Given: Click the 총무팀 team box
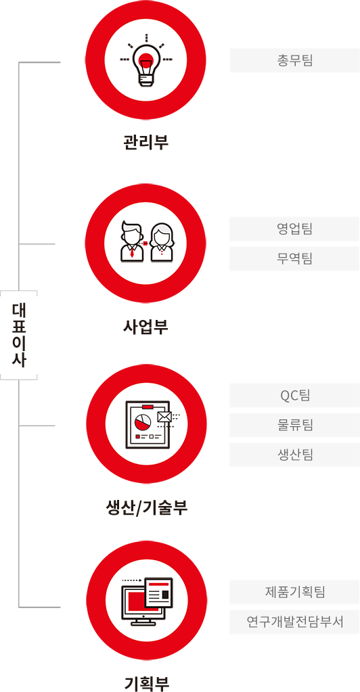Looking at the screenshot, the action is click(294, 60).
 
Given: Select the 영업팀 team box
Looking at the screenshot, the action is click(294, 229).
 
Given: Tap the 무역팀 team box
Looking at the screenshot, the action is click(294, 258).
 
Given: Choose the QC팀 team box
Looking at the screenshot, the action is click(294, 395).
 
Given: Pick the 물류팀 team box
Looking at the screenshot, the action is click(294, 425).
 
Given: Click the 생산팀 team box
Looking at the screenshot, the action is click(294, 455).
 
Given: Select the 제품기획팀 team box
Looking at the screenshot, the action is click(294, 592).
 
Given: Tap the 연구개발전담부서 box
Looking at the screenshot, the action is click(294, 622).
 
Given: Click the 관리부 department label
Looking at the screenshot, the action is click(145, 143).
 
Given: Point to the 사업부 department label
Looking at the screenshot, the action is click(145, 327).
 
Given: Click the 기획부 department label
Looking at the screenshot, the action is click(146, 683).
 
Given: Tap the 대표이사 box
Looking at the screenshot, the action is click(18, 335).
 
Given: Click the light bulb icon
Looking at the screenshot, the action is click(145, 66).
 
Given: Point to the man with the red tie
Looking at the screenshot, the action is click(132, 242).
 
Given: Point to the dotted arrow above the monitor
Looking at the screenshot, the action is click(131, 581).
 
